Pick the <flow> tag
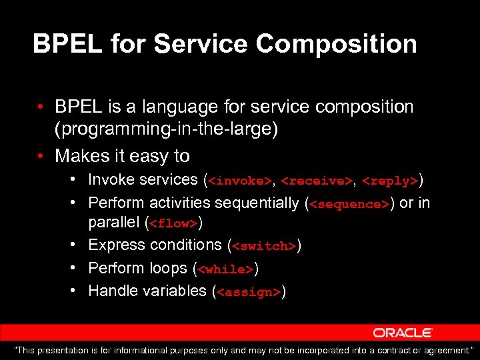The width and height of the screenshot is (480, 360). coord(175,223)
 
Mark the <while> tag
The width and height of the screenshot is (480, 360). coord(225,269)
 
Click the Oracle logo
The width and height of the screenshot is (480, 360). coord(403,333)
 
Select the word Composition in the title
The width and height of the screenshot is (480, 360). coord(336,44)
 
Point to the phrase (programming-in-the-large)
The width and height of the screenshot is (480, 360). coord(167,129)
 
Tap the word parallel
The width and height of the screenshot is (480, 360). coord(114,222)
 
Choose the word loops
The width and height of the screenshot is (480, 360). coord(169,268)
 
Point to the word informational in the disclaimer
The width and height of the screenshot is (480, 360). coord(151,350)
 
